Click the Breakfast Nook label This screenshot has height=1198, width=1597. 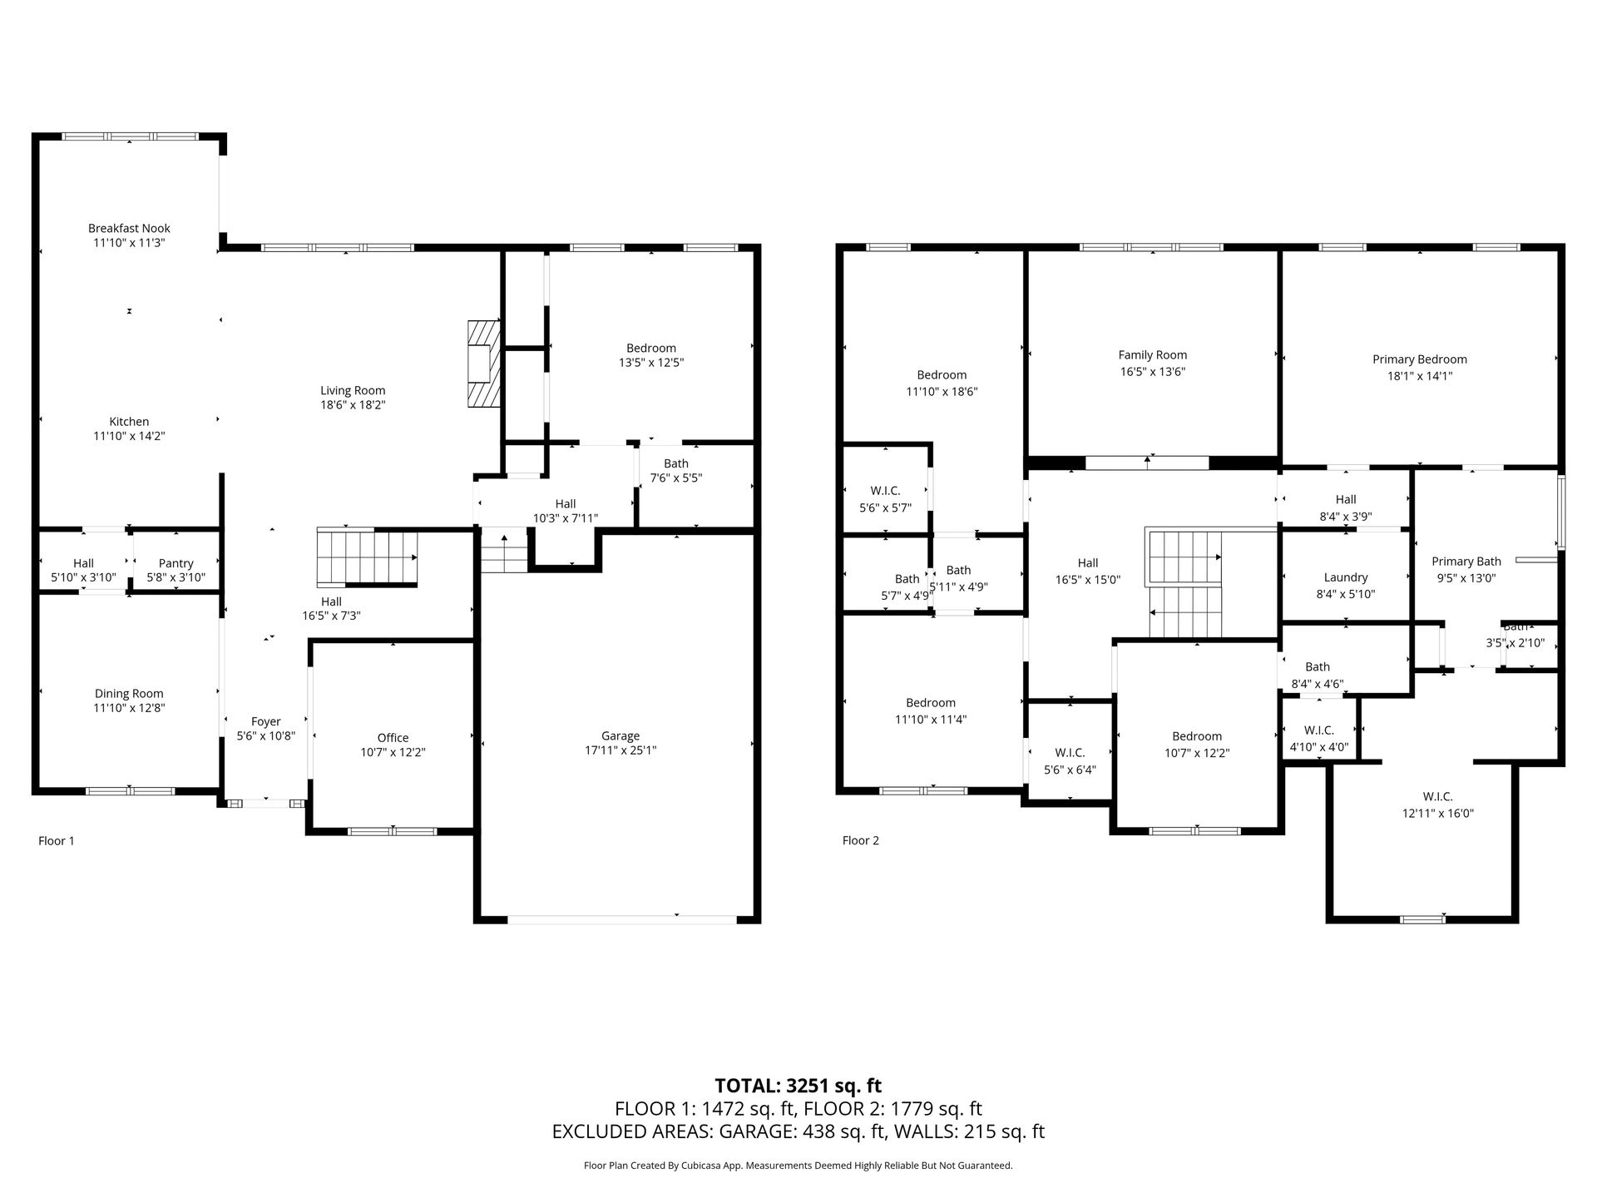(x=129, y=228)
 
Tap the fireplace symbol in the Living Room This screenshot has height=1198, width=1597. (x=483, y=364)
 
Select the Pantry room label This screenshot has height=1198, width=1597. (x=176, y=563)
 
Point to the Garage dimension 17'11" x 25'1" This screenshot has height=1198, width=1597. (x=621, y=750)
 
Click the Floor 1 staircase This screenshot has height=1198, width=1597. (x=367, y=557)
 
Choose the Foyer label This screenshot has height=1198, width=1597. (x=266, y=721)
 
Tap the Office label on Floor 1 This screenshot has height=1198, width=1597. (x=393, y=737)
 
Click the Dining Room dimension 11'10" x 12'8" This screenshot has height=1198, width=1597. (x=129, y=708)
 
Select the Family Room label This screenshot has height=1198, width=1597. (x=1153, y=355)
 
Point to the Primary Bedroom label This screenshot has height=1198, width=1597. (x=1420, y=359)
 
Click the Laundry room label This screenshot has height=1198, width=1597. (x=1346, y=577)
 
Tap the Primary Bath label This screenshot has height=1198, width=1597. (x=1466, y=562)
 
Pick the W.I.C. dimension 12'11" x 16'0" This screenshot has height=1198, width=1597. (x=1438, y=814)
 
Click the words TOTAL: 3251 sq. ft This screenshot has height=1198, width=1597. (x=798, y=1086)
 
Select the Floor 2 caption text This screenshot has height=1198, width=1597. (x=860, y=840)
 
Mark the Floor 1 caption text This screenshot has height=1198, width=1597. (x=57, y=840)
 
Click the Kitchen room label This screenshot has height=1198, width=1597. (x=129, y=422)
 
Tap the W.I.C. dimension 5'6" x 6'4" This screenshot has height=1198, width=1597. (x=1070, y=770)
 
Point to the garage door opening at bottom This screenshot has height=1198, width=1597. (x=621, y=919)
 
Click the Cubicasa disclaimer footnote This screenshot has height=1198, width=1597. (x=798, y=1166)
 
